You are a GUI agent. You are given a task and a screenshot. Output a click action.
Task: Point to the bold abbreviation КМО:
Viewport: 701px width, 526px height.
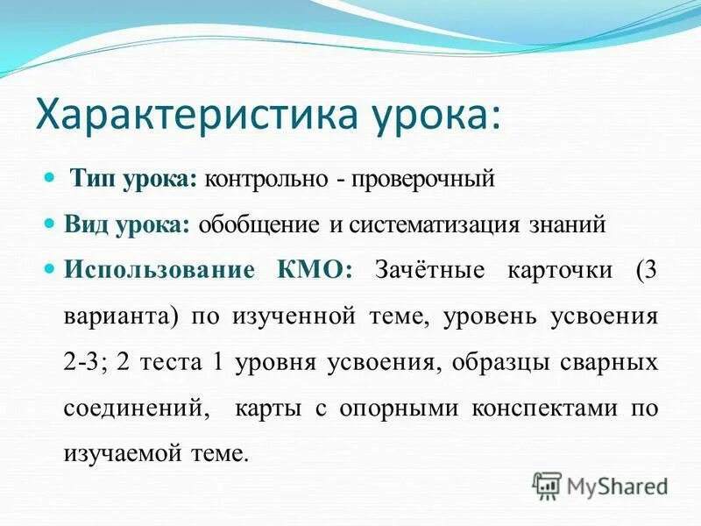315,270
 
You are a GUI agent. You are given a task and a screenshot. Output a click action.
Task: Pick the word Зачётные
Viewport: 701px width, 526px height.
428,270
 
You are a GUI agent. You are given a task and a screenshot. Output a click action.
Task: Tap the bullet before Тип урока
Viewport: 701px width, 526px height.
50,179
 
